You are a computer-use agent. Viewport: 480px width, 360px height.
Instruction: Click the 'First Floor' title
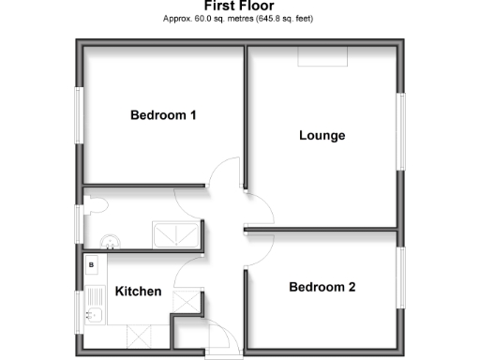(239, 6)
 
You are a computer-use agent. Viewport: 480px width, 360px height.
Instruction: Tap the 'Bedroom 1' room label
(162, 116)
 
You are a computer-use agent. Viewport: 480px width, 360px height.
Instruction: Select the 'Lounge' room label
(322, 136)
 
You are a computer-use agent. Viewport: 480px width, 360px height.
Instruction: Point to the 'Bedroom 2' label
(322, 288)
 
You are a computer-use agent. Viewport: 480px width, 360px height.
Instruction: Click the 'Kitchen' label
(138, 292)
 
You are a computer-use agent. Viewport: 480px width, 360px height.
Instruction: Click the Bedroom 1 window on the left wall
(78, 116)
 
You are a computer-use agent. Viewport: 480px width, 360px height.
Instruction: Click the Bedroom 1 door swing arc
(224, 173)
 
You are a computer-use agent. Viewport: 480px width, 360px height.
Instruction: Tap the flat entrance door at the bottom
(216, 337)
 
